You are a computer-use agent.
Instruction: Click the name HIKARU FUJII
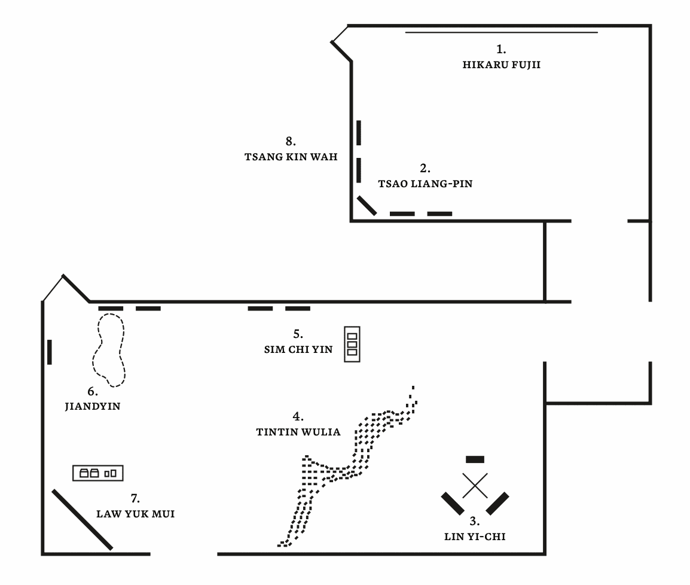click(x=501, y=65)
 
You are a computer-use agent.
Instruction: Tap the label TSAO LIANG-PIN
click(x=425, y=184)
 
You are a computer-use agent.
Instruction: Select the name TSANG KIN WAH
click(x=291, y=157)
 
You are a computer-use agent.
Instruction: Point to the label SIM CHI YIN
click(x=298, y=350)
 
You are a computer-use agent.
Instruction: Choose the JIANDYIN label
click(x=93, y=407)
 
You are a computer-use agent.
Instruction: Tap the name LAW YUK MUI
click(x=136, y=514)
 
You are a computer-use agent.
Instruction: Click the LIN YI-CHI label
click(x=475, y=537)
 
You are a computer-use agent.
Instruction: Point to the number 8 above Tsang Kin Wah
click(x=291, y=142)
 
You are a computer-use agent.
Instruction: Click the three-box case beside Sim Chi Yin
click(x=352, y=344)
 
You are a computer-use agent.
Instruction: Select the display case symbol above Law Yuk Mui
click(x=99, y=473)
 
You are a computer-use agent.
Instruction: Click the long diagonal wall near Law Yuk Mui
click(x=82, y=519)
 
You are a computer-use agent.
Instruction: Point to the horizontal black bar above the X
click(x=475, y=459)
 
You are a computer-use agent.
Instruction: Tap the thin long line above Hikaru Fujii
click(x=501, y=32)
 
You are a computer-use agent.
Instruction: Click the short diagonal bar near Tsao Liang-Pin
click(x=366, y=205)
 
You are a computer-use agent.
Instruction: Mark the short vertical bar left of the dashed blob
click(x=50, y=352)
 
